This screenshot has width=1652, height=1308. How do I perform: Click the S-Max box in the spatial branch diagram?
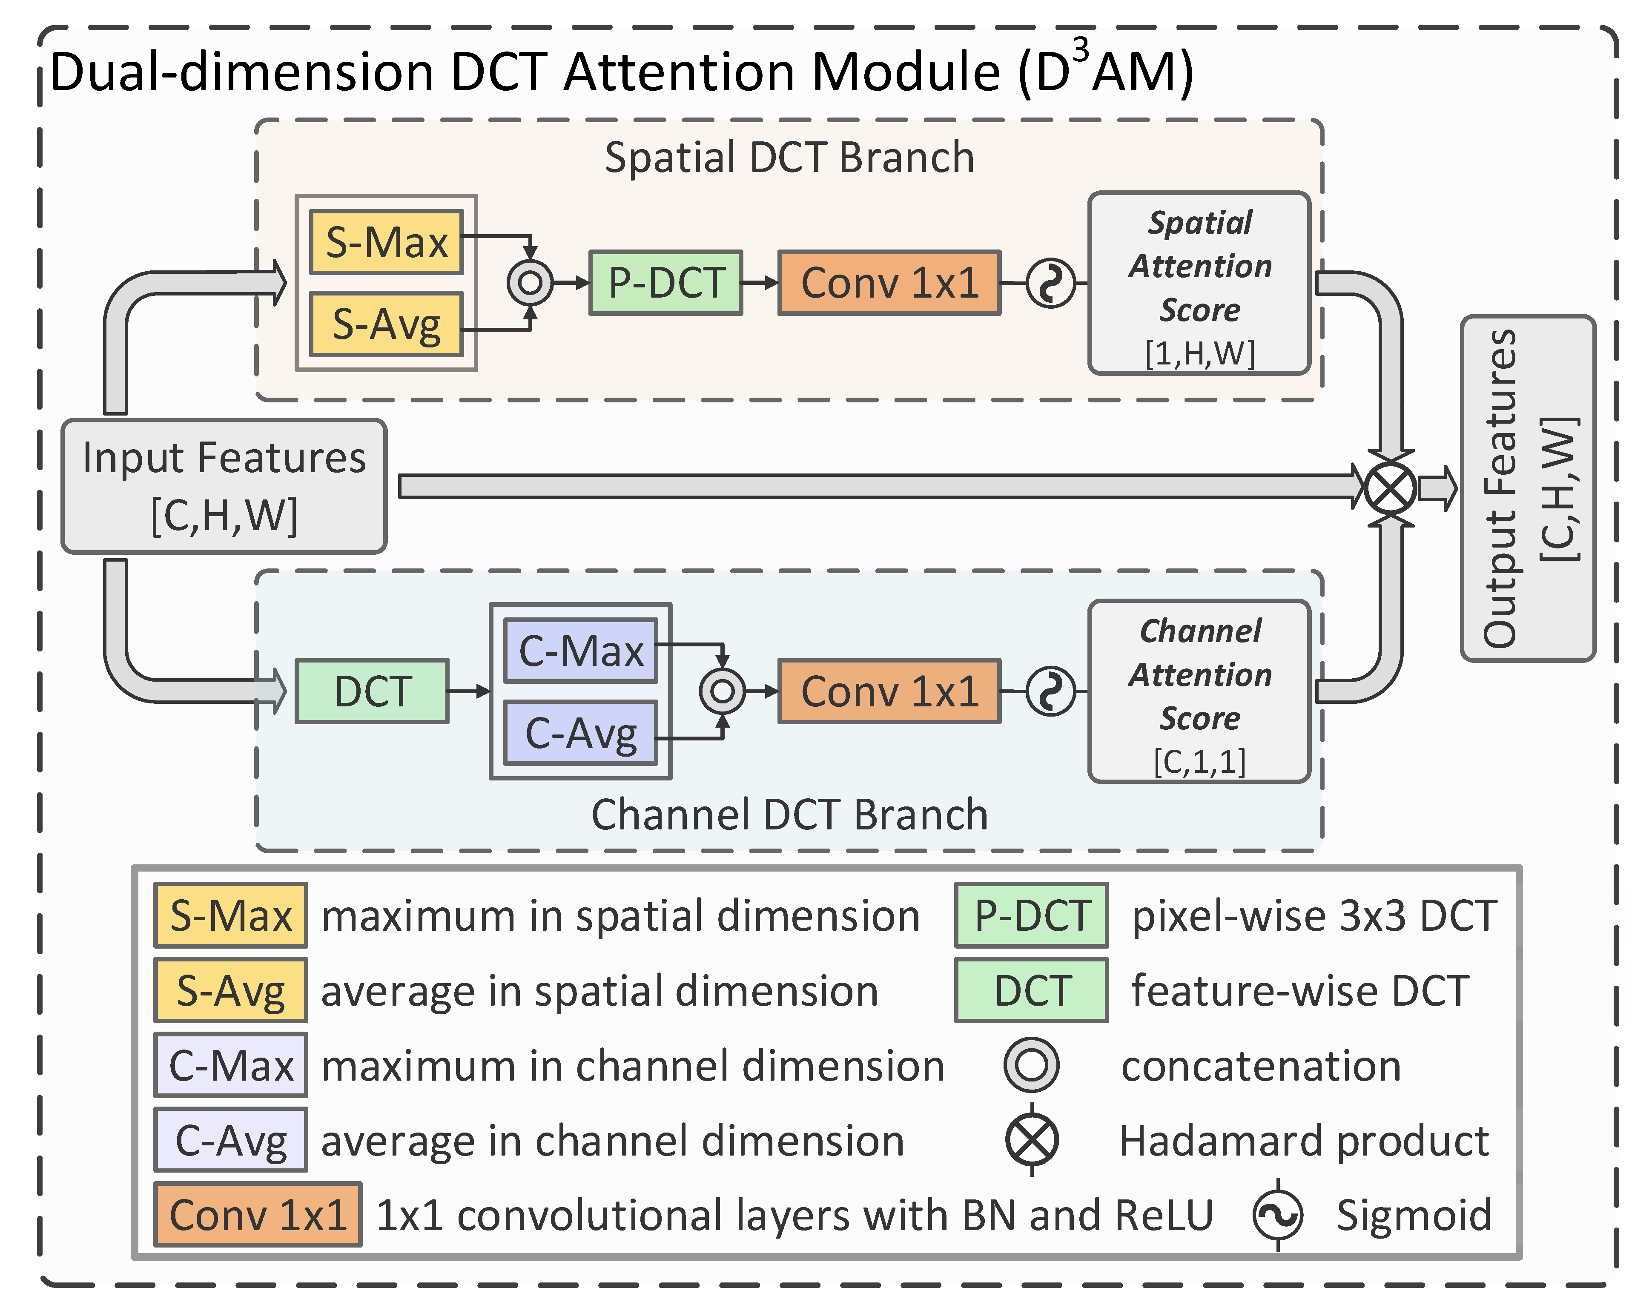click(386, 242)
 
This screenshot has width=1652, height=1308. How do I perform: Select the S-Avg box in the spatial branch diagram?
click(386, 324)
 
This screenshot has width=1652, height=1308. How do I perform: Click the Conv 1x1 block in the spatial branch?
click(889, 283)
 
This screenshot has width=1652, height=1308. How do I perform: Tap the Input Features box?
click(224, 485)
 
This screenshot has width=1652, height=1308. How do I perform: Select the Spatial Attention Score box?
click(1199, 283)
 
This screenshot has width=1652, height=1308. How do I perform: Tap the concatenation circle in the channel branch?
click(722, 691)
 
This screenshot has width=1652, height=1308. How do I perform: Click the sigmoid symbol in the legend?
click(1277, 1215)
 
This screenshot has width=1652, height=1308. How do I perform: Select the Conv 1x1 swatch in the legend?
click(258, 1215)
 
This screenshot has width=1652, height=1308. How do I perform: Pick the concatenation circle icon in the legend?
click(1032, 1065)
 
